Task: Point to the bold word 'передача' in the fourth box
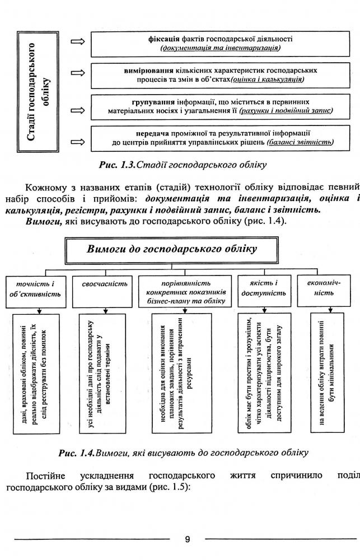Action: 153,133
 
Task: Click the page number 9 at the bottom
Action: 187,540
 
